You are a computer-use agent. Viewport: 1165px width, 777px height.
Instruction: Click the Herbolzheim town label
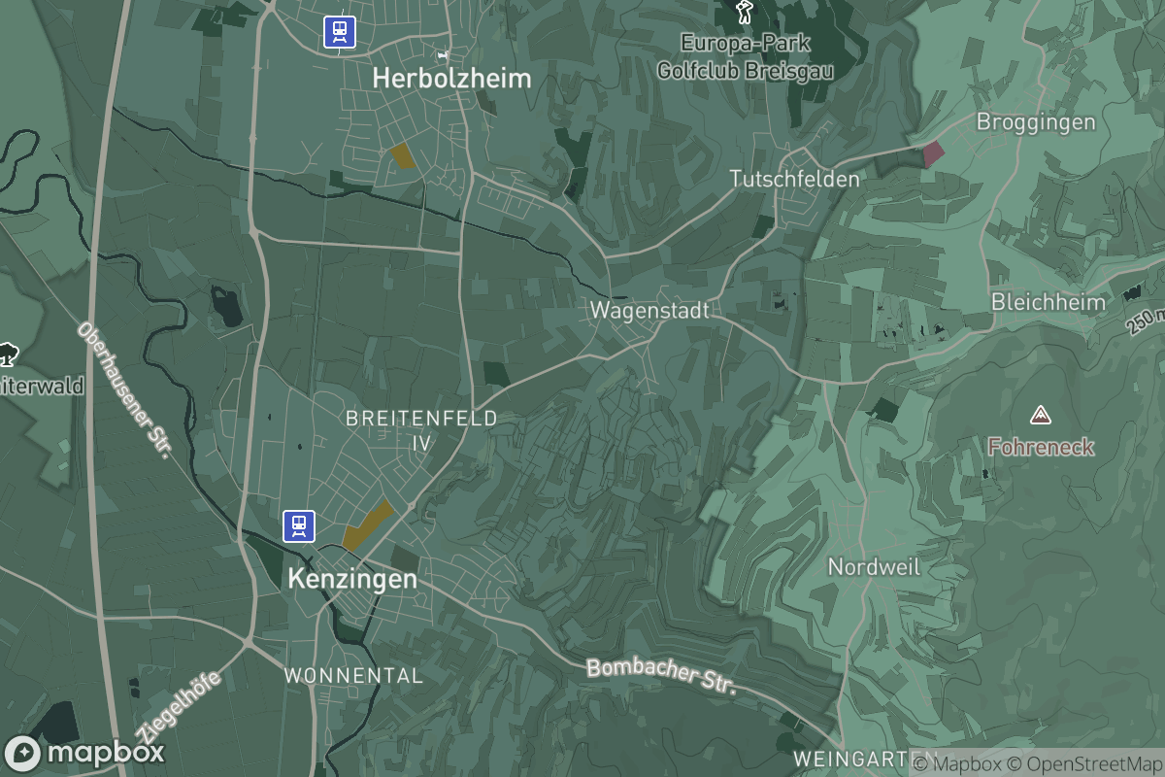coord(452,79)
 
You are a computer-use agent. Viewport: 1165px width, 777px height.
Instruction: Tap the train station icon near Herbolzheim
coord(340,31)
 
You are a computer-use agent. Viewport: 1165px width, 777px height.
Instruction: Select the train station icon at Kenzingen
coord(299,525)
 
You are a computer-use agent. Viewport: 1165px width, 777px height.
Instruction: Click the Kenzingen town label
coord(352,580)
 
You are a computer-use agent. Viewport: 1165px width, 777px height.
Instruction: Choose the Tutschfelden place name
coord(794,179)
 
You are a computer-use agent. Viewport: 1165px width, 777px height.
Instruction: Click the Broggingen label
coord(1035,122)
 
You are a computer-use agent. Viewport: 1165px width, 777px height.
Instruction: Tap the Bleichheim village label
coord(1048,302)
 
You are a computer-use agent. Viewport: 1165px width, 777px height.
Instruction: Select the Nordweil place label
coord(874,566)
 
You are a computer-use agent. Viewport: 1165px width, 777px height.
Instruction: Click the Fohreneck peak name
coord(1041,448)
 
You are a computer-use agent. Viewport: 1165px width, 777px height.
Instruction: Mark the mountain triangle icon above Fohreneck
coord(1041,416)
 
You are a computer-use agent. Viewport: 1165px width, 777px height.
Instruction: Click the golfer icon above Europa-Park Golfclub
coord(745,12)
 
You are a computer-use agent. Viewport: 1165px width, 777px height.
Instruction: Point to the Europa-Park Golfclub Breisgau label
coord(745,57)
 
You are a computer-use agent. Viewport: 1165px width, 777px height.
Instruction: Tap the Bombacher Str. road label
coord(661,676)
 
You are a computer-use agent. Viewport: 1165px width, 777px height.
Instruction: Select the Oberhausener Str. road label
coord(123,390)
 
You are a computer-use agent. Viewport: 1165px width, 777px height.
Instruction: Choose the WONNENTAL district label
coord(353,675)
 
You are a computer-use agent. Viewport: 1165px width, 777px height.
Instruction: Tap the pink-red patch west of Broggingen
coord(932,152)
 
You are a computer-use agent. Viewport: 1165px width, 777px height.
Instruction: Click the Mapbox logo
coord(84,753)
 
